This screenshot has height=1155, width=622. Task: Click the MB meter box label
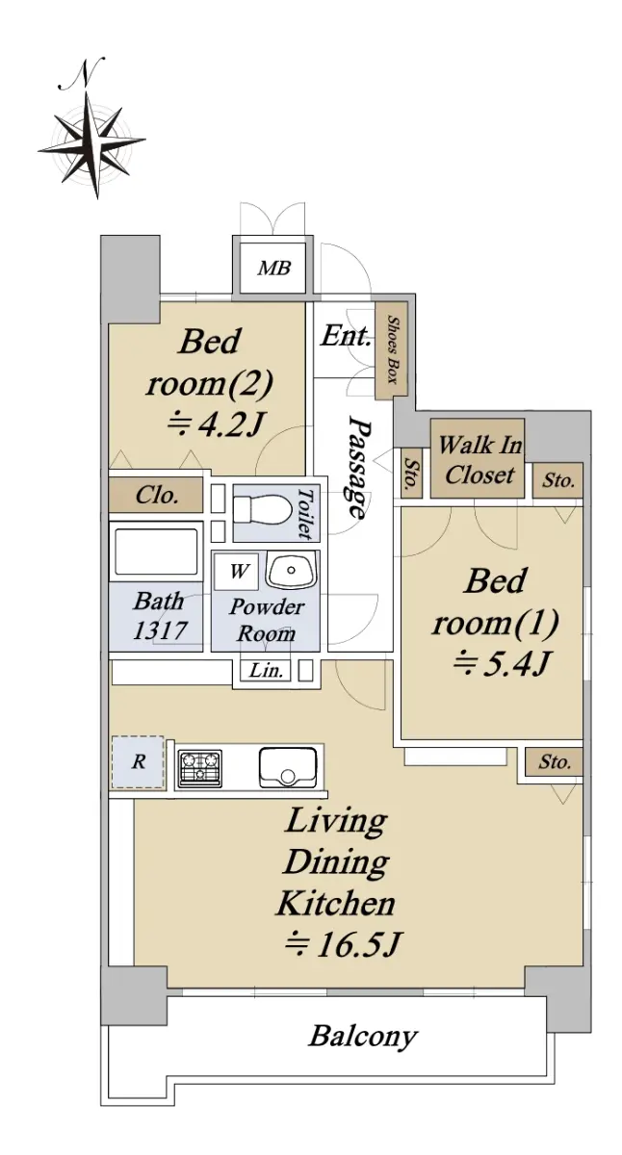pyautogui.click(x=273, y=268)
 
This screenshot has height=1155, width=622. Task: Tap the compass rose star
pyautogui.click(x=91, y=145)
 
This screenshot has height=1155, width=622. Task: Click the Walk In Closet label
pyautogui.click(x=479, y=459)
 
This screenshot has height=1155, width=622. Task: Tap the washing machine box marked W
pyautogui.click(x=237, y=571)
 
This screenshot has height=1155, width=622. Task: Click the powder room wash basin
pyautogui.click(x=291, y=569)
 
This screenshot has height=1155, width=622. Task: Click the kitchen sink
pyautogui.click(x=288, y=767)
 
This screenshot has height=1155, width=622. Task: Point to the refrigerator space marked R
pyautogui.click(x=138, y=762)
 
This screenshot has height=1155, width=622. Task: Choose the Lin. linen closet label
pyautogui.click(x=266, y=671)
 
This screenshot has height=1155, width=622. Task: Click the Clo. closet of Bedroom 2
pyautogui.click(x=156, y=495)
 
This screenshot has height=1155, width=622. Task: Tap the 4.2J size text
pyautogui.click(x=216, y=425)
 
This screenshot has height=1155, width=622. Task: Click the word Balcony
pyautogui.click(x=363, y=1037)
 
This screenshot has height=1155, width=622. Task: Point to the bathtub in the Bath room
pyautogui.click(x=156, y=551)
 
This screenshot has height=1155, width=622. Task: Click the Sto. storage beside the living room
pyautogui.click(x=555, y=761)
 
